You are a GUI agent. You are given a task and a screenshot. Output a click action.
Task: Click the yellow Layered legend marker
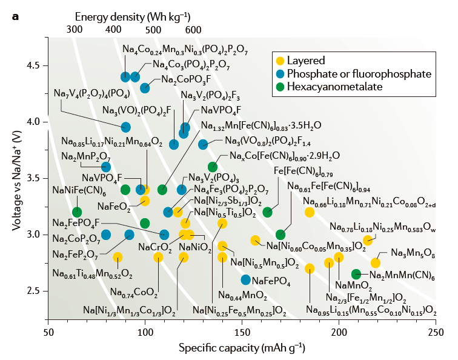point(279,60)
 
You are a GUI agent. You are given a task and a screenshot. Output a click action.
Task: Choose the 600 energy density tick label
point(193,29)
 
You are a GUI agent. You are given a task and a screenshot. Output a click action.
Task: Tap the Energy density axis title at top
point(134,15)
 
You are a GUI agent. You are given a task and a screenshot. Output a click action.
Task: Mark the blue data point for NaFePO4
point(245,279)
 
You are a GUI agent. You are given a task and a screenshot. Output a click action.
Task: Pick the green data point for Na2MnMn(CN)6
point(356,275)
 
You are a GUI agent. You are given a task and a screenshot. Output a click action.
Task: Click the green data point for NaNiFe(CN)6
point(77,212)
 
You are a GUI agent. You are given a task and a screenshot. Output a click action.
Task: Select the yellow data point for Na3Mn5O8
point(376,262)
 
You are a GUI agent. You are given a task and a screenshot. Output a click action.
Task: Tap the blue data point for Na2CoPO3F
point(145,88)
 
